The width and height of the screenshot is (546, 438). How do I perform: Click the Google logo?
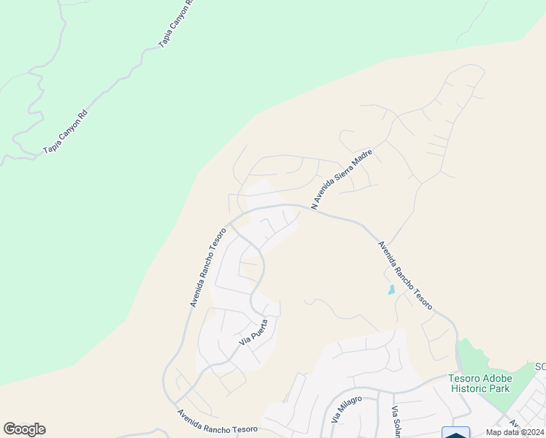coord(24,429)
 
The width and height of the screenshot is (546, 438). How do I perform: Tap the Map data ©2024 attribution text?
coord(515,432)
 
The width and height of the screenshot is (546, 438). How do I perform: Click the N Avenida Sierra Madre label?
coord(342,180)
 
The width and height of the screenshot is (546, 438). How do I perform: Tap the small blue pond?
coord(391,289)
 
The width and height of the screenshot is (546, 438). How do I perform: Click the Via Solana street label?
coord(396,421)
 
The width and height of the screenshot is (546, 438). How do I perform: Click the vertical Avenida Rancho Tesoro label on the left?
coord(208,266)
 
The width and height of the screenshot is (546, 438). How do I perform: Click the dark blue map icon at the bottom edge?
coord(456,434)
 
